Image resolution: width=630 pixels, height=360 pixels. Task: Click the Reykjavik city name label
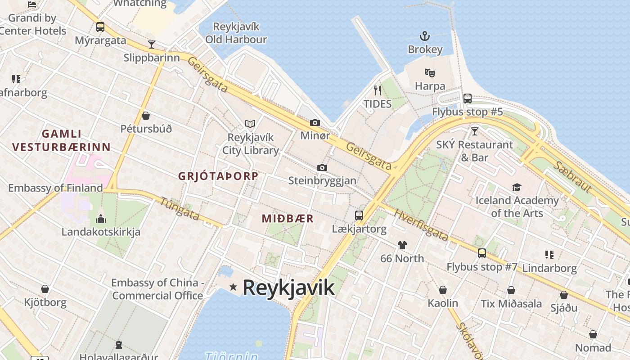click(288, 288)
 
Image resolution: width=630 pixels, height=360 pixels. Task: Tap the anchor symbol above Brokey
click(425, 36)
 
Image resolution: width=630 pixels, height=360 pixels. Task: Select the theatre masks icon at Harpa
click(430, 72)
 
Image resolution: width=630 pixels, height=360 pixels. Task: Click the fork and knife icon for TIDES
click(378, 90)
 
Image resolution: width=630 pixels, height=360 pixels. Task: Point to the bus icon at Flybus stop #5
click(468, 98)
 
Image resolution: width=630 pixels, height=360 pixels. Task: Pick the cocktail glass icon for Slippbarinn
click(152, 44)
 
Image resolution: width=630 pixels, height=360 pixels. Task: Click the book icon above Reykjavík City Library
click(250, 124)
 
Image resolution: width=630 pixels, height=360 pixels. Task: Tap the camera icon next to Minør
click(315, 122)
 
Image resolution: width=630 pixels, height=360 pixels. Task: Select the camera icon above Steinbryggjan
click(322, 167)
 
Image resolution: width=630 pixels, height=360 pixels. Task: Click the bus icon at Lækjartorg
click(359, 215)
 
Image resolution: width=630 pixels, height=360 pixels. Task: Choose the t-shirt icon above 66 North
click(402, 245)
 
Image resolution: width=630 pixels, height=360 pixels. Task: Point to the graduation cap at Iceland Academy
click(517, 187)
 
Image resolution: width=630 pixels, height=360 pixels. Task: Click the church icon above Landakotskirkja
click(101, 219)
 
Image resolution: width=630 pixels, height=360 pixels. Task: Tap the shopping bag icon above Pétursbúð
click(146, 116)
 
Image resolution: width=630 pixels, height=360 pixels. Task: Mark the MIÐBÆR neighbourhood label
click(288, 219)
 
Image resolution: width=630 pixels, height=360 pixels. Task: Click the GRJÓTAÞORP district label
click(218, 176)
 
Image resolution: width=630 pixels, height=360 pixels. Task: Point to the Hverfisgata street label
click(421, 225)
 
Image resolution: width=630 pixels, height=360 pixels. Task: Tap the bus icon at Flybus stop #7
click(481, 253)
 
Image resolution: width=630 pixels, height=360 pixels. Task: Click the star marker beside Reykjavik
click(233, 287)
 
